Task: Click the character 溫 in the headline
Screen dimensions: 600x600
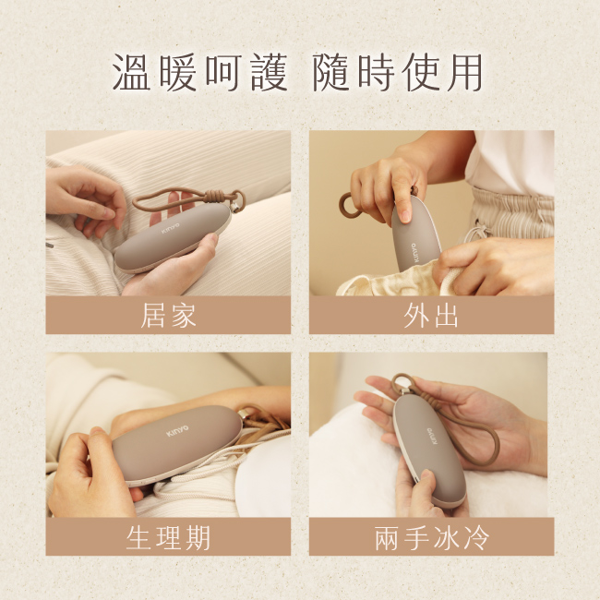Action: coord(131,72)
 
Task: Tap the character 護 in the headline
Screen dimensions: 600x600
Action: coord(270,72)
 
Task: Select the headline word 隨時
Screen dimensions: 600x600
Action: coord(354,72)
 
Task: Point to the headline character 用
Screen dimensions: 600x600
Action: coord(465,72)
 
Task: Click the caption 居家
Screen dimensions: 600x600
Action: coord(168,316)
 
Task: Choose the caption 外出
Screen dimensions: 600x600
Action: coord(431,316)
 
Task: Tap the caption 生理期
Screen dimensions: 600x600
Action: coord(168,537)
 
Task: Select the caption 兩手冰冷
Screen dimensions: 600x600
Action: coord(432,537)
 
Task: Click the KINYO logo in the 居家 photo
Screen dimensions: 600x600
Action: coord(170,228)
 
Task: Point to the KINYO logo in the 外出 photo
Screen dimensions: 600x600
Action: coord(415,252)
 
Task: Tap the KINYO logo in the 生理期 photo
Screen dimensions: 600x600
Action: coord(177,430)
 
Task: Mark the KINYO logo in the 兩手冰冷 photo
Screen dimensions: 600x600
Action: coord(432,437)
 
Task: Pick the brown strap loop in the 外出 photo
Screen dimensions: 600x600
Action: coord(347,206)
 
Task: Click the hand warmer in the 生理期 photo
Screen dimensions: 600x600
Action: coord(177,445)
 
